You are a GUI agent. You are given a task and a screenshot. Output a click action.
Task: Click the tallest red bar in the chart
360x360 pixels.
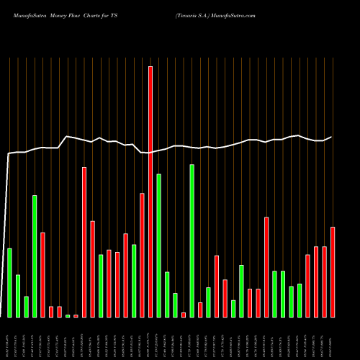pos(150,192)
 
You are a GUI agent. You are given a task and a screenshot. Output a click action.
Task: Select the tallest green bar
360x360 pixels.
pos(192,240)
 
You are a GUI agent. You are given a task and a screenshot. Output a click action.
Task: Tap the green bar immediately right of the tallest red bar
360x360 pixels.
pos(158,245)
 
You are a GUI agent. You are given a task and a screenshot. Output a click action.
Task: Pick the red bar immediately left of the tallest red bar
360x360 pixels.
pos(142,255)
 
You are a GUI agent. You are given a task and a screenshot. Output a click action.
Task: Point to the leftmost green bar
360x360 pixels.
pos(9,282)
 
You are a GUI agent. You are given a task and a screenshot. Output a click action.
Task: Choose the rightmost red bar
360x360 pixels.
pos(333,271)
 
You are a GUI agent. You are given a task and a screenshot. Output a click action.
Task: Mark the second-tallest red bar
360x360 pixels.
pos(84,242)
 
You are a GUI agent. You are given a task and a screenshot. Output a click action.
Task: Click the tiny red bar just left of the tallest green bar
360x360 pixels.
pos(184,315)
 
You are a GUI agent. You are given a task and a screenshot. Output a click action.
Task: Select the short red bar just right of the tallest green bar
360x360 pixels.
pos(200,310)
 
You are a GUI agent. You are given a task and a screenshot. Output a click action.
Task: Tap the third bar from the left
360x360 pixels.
pos(26,307)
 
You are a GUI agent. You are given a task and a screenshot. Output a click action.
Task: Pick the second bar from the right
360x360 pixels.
pos(324,282)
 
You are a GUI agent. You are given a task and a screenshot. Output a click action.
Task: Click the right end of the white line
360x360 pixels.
pos(332,137)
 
